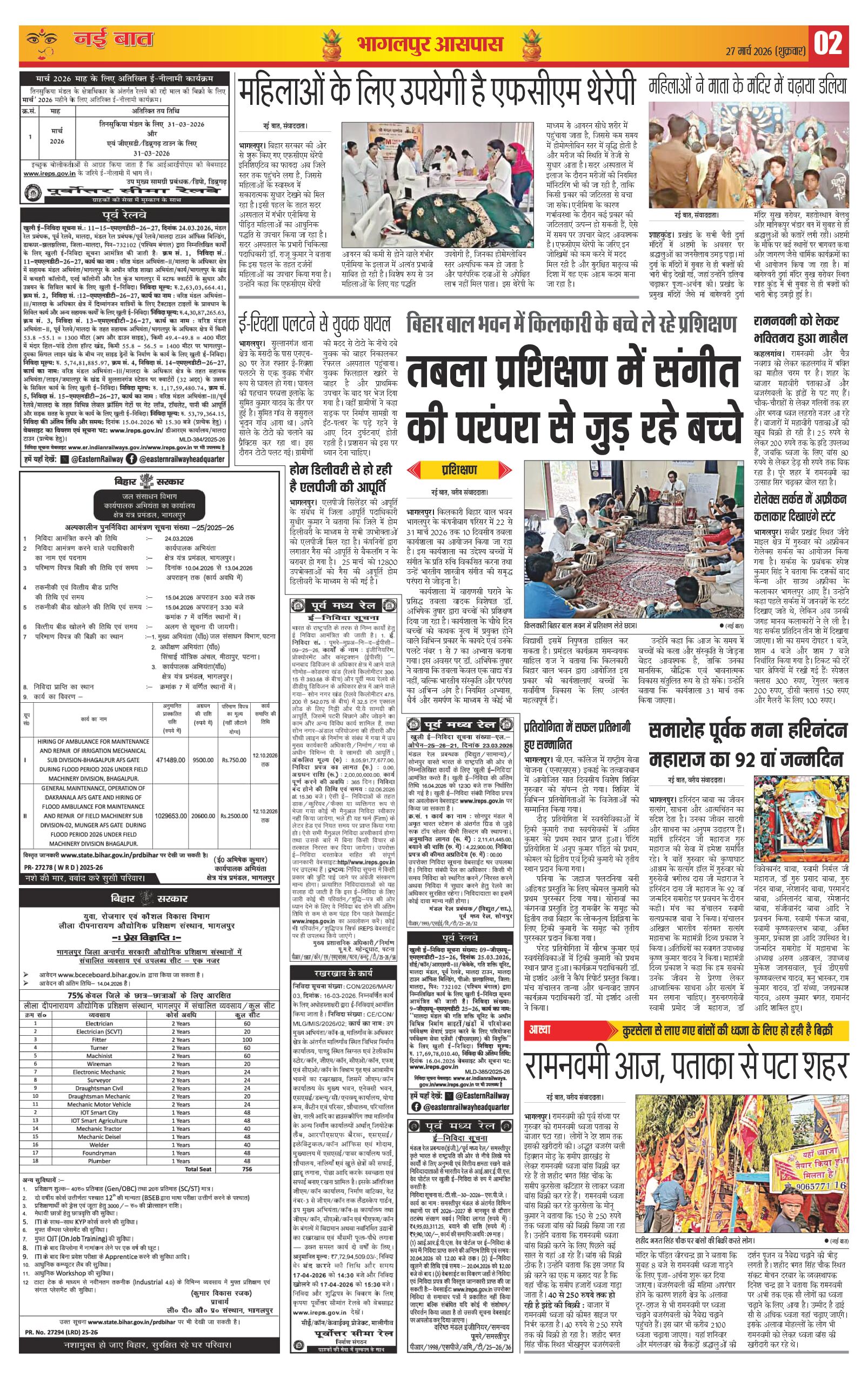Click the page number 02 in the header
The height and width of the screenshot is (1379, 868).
click(828, 44)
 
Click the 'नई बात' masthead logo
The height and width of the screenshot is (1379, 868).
click(113, 40)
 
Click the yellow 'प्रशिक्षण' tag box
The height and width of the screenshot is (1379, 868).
click(459, 470)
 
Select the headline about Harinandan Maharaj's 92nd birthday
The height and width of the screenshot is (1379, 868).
click(745, 744)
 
